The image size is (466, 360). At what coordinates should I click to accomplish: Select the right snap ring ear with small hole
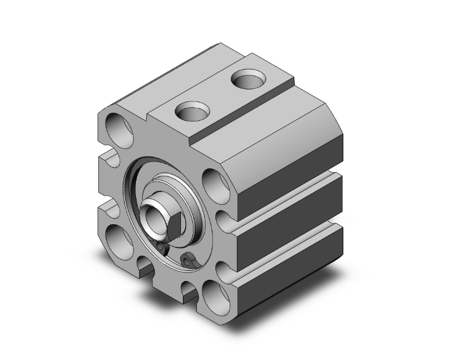[x=187, y=259]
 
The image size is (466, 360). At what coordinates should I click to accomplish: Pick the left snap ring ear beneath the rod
[x=161, y=250]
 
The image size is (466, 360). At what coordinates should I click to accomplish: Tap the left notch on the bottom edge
[x=147, y=266]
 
